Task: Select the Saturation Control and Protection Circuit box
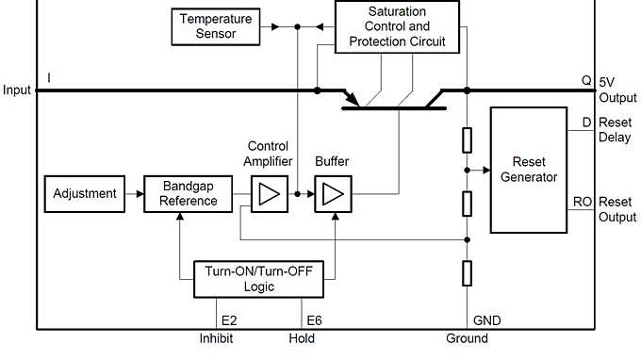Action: (397, 26)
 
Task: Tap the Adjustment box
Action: (84, 194)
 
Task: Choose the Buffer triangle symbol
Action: (332, 194)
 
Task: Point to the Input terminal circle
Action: (38, 90)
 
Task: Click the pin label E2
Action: (229, 319)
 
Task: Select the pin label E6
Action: (313, 319)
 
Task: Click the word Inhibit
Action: (216, 338)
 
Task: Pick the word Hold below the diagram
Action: (302, 338)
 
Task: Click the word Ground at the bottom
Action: (467, 338)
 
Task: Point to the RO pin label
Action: (582, 202)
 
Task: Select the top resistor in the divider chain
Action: (468, 139)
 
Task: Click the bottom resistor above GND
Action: (468, 273)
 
